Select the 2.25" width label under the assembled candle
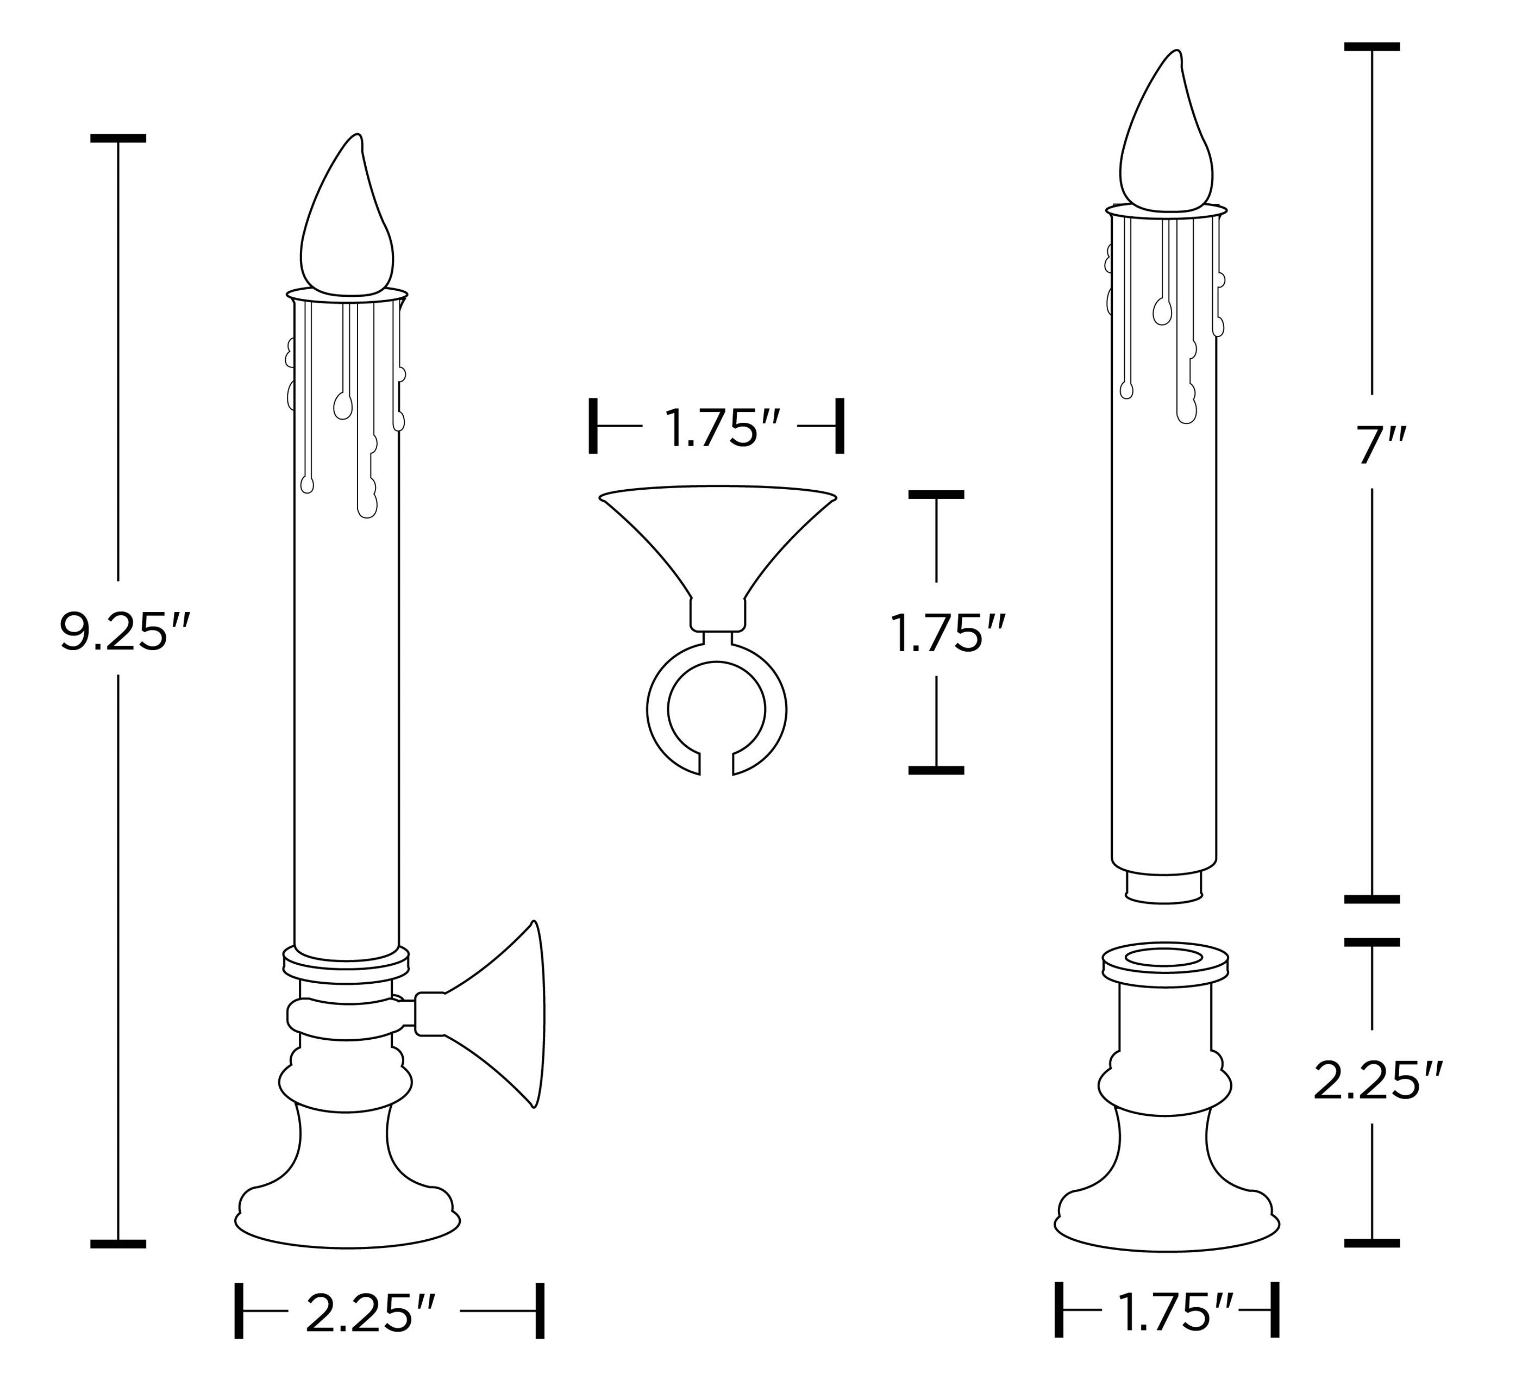point(370,1314)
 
